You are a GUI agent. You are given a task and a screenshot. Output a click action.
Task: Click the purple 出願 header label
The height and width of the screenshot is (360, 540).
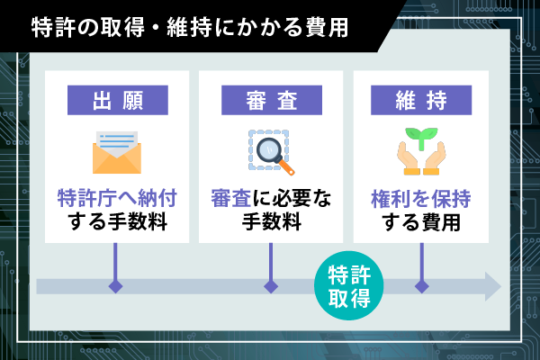tap(118, 100)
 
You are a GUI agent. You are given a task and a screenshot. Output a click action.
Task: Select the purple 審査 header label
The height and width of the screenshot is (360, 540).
tap(272, 100)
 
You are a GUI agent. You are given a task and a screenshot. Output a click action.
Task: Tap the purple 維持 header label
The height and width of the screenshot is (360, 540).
tap(421, 100)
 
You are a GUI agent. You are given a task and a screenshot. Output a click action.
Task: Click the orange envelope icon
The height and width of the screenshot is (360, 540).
tap(117, 152)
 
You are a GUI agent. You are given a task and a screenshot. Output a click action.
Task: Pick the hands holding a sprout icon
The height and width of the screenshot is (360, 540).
tap(421, 151)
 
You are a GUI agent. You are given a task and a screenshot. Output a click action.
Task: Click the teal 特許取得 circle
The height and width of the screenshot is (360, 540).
tap(349, 285)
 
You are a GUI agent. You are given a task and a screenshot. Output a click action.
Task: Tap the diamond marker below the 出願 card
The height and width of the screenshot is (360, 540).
tap(115, 286)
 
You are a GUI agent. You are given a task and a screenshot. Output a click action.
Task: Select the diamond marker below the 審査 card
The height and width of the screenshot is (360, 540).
tap(271, 286)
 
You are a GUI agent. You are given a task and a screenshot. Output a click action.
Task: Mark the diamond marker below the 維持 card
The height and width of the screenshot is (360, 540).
tap(421, 286)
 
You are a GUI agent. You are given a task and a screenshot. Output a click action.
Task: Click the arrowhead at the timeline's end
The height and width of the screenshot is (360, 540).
tap(493, 286)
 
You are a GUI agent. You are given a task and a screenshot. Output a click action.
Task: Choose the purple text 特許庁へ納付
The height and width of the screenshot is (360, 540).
tap(117, 198)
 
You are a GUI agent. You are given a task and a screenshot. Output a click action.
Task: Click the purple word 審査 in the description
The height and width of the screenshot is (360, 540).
tap(231, 198)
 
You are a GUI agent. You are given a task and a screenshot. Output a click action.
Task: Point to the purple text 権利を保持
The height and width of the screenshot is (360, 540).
tap(421, 199)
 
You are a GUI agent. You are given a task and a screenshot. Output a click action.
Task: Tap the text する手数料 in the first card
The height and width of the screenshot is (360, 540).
tap(117, 221)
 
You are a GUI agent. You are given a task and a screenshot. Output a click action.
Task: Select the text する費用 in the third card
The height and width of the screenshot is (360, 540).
tap(421, 222)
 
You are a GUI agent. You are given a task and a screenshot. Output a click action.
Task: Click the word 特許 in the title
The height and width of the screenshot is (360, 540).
tap(53, 28)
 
